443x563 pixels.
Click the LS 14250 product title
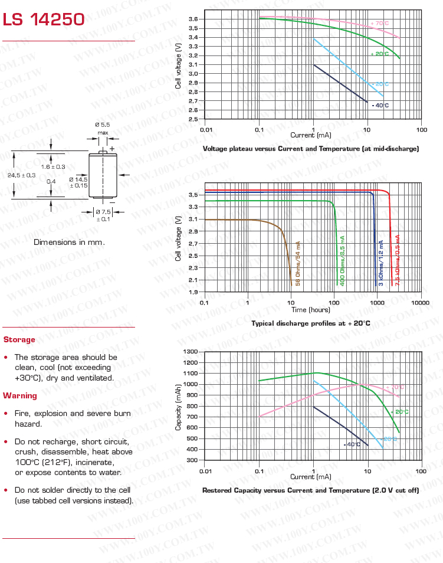44,20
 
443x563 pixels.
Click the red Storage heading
19,340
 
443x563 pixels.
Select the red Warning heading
20,395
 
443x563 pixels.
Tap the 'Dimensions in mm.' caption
69,242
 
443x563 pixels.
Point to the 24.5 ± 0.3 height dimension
21,175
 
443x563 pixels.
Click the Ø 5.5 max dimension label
103,128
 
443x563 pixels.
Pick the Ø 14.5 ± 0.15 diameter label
78,182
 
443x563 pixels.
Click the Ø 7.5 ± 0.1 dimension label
103,215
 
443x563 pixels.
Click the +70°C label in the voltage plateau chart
380,24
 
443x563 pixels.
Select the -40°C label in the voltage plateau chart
380,105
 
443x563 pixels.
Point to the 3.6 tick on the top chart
193,19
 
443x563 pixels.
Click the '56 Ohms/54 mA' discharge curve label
298,264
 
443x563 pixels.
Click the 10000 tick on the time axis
421,302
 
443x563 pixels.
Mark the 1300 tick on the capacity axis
192,352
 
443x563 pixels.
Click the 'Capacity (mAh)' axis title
178,407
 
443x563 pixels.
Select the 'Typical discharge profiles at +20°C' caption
311,323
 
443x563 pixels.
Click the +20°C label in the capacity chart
399,411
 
